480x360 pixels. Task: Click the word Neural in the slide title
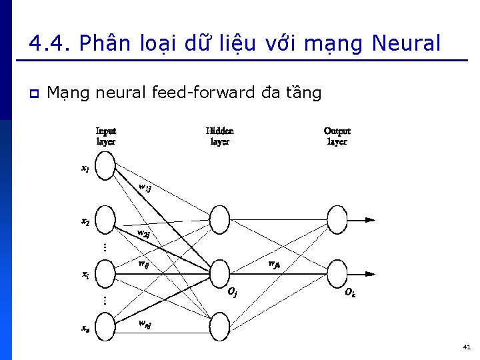pyautogui.click(x=406, y=44)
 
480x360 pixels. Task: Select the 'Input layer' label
pyautogui.click(x=106, y=136)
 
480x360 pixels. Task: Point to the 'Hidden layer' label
pyautogui.click(x=220, y=136)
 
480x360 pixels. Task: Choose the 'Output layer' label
pyautogui.click(x=337, y=136)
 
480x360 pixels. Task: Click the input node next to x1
pyautogui.click(x=105, y=167)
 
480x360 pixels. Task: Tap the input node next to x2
pyautogui.click(x=105, y=220)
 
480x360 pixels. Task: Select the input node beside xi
pyautogui.click(x=105, y=273)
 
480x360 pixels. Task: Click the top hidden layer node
pyautogui.click(x=219, y=219)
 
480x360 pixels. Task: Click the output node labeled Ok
pyautogui.click(x=337, y=273)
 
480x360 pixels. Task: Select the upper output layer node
pyautogui.click(x=337, y=219)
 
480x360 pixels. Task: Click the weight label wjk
pyautogui.click(x=273, y=263)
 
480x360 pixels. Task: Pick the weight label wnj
pyautogui.click(x=144, y=324)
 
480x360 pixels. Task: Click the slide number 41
pyautogui.click(x=466, y=347)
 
